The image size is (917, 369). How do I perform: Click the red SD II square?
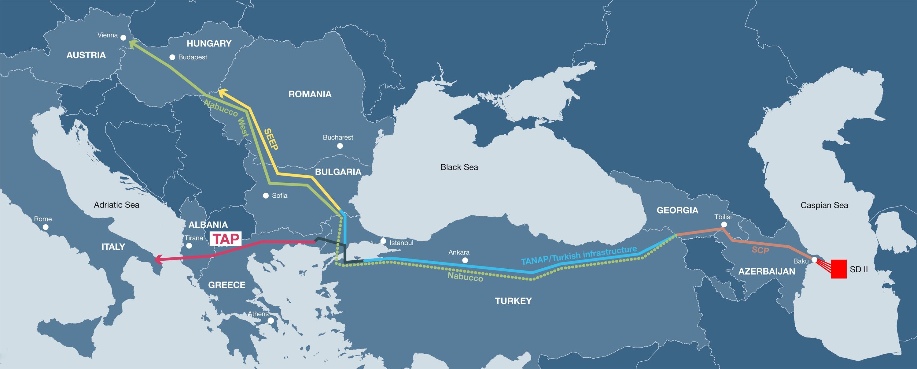(839, 269)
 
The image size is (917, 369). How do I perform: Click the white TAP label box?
(225, 239)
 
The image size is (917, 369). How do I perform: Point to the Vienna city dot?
(123, 37)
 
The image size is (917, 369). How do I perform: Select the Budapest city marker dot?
(172, 57)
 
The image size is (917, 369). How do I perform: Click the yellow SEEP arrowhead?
(222, 93)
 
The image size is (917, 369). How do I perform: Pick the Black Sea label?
(459, 167)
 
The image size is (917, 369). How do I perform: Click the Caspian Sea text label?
(824, 205)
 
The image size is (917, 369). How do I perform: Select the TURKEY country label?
(513, 301)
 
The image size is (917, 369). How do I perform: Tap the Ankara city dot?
(465, 260)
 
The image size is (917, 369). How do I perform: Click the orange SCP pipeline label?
(760, 250)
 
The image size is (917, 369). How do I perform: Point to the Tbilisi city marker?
(724, 224)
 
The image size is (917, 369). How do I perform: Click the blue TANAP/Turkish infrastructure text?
(578, 255)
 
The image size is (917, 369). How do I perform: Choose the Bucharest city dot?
(340, 146)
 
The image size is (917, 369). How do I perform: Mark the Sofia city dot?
(266, 196)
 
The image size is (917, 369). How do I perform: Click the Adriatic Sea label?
(116, 205)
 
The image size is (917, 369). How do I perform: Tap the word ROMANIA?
(310, 94)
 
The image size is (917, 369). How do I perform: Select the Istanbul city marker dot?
(383, 241)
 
